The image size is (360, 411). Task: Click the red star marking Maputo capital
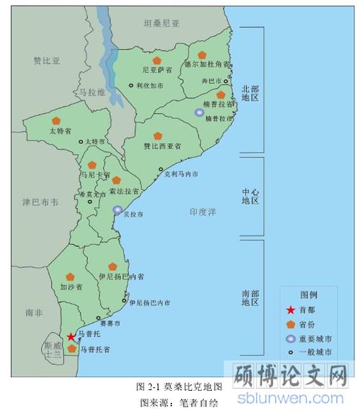(x=71, y=337)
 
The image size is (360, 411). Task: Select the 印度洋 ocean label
(x=203, y=212)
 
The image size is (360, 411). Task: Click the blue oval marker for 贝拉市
(x=118, y=209)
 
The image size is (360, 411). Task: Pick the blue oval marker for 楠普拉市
(x=199, y=112)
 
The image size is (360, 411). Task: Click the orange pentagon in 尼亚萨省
(x=156, y=60)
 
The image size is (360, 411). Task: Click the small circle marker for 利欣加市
(x=131, y=86)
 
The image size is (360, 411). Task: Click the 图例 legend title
(x=309, y=295)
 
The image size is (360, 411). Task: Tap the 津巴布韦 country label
(x=40, y=202)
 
